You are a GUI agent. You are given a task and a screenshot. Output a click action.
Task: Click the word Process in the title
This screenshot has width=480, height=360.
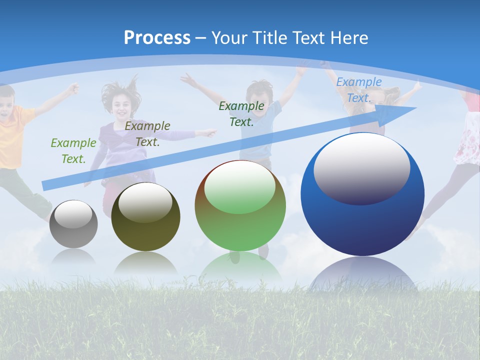pos(157,37)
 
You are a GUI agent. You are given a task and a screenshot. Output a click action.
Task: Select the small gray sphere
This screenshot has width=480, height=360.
pos(73,223)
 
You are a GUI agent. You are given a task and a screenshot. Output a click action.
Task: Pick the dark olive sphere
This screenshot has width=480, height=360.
pos(145,216)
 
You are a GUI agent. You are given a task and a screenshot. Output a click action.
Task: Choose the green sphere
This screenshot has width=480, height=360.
pos(240,205)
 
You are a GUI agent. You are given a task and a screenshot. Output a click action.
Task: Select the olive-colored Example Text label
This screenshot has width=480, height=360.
pos(147,134)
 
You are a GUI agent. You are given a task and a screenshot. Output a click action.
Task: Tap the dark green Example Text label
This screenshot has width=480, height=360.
pos(241,113)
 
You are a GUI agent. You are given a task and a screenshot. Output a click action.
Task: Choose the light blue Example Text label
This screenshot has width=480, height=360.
pos(359,90)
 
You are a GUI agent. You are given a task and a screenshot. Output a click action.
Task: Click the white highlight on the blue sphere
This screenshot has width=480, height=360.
pos(361,168)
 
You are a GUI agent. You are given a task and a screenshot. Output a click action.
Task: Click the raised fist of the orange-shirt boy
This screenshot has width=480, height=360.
pos(74,88)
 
